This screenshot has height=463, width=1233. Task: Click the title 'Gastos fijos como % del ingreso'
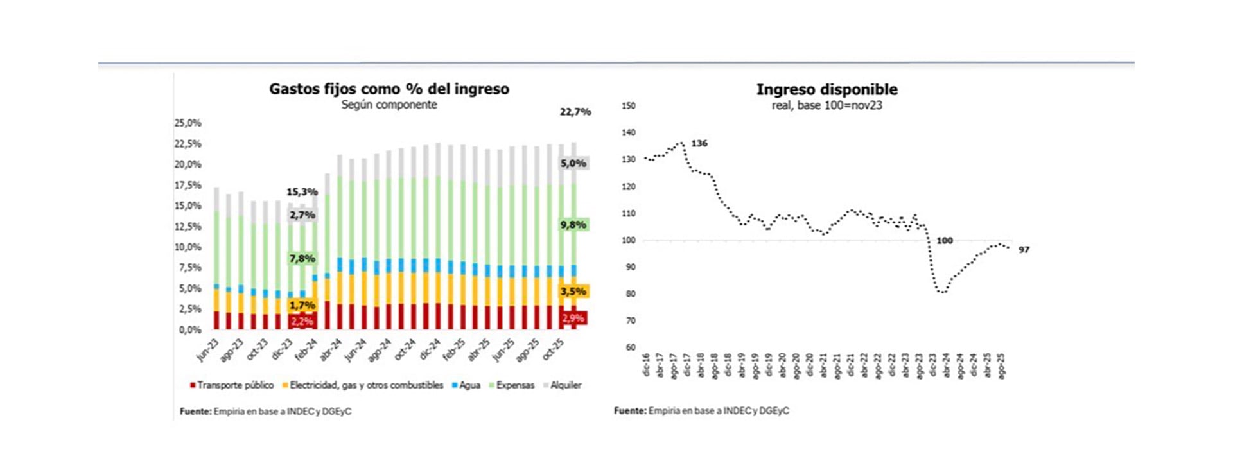point(389,89)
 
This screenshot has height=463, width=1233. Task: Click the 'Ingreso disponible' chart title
point(826,90)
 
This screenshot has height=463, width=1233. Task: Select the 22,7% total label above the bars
point(575,112)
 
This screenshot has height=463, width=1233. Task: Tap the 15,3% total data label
point(302,192)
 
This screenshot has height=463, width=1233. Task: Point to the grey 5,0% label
point(573,164)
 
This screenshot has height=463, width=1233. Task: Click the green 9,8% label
point(573,225)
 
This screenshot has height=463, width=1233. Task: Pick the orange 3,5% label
point(573,292)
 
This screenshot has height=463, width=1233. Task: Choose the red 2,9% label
point(573,318)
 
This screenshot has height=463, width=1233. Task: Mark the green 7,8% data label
point(302,259)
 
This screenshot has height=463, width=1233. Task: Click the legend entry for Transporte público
point(232,385)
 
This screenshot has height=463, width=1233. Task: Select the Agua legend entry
point(467,385)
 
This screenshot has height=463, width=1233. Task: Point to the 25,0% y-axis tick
point(188,123)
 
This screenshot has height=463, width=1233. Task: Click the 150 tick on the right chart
point(629,106)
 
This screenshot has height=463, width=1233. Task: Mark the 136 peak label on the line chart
point(699,143)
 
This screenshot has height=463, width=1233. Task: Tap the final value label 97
point(1024,250)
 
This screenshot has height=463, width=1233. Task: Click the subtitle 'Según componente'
point(389,105)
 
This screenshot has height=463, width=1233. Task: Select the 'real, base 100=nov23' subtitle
point(826,105)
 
